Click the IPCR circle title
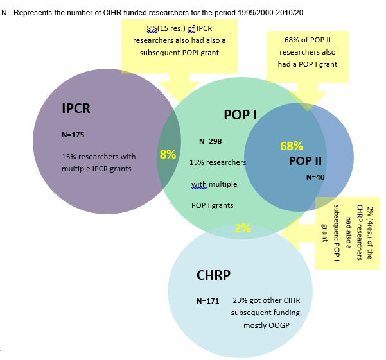pos(76,108)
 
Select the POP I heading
pos(240,115)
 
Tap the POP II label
pos(305,160)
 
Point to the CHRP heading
pos(213,276)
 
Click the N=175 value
pos(73,135)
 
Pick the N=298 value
pos(210,141)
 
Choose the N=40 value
pos(315,176)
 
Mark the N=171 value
pos(207,300)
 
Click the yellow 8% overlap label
pos(168,155)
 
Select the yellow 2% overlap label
pos(242,227)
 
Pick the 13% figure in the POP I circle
pos(198,163)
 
